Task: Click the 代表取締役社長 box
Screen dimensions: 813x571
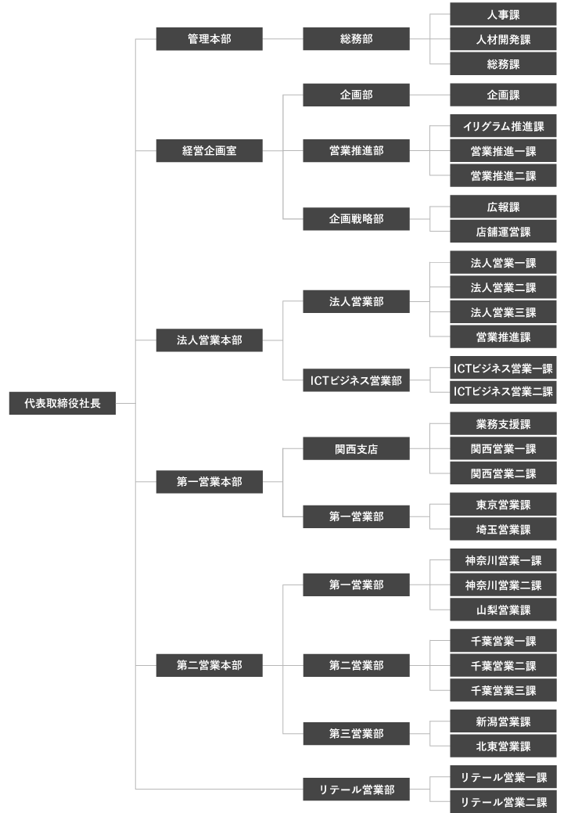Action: point(62,404)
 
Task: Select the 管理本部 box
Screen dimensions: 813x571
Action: point(209,38)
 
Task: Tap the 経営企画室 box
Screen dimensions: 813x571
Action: point(209,151)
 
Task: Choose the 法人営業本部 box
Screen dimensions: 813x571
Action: point(209,340)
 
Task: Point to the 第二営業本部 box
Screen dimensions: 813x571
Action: point(209,665)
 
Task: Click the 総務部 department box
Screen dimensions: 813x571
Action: point(356,38)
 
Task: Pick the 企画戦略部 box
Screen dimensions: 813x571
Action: point(356,219)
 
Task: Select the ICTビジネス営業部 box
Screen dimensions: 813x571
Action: point(356,381)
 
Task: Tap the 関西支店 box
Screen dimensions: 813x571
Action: point(356,449)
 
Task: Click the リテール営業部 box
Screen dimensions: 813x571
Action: point(356,790)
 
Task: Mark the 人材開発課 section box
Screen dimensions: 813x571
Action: point(503,39)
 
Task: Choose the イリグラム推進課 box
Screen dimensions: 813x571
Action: point(503,126)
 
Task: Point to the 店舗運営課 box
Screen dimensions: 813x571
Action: point(503,232)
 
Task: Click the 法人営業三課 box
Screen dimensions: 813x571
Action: point(503,312)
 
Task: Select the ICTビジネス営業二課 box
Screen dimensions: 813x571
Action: point(503,391)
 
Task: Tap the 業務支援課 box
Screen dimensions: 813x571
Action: point(503,424)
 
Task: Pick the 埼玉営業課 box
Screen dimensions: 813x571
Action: point(503,530)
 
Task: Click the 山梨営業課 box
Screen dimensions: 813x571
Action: point(503,610)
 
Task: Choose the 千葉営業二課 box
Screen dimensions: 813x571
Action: point(503,666)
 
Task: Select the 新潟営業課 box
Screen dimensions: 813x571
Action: point(503,721)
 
